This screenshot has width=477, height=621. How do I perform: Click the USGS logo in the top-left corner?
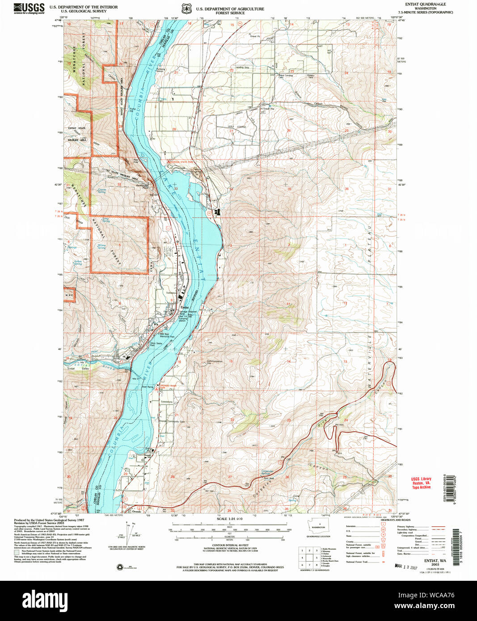[x=29, y=8]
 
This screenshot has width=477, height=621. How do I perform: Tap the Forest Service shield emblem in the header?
[x=186, y=9]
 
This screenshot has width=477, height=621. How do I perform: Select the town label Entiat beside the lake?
[x=185, y=307]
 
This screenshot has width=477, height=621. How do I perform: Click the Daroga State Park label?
[x=181, y=162]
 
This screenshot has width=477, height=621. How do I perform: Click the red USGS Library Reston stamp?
[x=421, y=483]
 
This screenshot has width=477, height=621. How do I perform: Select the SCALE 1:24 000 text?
[x=229, y=519]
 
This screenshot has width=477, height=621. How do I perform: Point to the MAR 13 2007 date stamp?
[x=406, y=567]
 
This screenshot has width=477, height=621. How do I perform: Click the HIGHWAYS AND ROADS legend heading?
[x=396, y=520]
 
